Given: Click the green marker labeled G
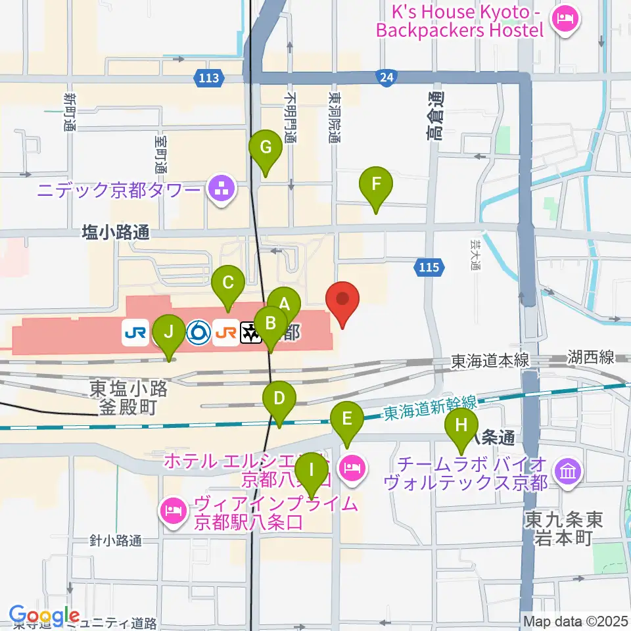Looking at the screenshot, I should point(265,148).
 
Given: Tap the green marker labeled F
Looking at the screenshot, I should point(375,185).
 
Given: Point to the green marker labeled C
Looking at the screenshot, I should point(228,284).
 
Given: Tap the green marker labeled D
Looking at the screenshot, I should point(279,399).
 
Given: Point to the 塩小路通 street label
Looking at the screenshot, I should point(116,231).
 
